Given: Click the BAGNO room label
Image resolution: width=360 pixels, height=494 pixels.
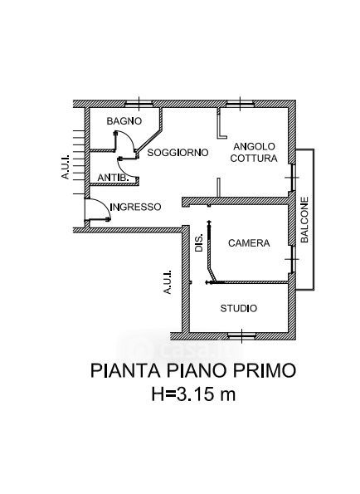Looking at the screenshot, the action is coord(124,121).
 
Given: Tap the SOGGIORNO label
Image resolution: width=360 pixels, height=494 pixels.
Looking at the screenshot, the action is coord(178,153).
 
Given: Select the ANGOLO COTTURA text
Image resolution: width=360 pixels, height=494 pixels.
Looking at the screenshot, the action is coord(254,152).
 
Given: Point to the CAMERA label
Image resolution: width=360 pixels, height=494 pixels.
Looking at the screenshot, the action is coord(249,243).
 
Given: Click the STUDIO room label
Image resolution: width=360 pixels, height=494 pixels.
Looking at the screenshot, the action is coord(239,308).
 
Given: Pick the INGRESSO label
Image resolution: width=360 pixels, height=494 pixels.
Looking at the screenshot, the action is coord(136,207).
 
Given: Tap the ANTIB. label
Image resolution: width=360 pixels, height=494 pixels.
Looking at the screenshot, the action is coord(114,178).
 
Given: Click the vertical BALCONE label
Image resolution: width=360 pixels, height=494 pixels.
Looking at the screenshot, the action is coord(304,219).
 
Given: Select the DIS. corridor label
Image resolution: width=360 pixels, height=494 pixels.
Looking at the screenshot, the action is coord(199,242).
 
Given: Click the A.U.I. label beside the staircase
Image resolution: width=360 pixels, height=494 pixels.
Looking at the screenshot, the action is coord(66,166).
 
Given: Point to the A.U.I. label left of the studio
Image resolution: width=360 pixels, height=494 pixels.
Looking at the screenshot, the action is coord(168,281).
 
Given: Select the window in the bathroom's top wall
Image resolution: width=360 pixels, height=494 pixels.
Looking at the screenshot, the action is coord(139,104).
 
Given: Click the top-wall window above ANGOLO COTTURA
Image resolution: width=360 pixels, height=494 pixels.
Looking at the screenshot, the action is coord(240,104).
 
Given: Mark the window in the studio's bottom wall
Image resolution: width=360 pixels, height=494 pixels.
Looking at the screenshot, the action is coord(241,336).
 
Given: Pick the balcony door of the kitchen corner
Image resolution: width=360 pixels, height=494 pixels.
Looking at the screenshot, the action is coord(292,178).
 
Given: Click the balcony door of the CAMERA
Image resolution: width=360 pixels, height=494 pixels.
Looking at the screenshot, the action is coord(292,259).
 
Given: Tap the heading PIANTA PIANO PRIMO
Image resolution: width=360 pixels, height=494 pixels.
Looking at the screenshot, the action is coord(193,370).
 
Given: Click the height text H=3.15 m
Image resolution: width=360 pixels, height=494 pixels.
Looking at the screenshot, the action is coord(193,394).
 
